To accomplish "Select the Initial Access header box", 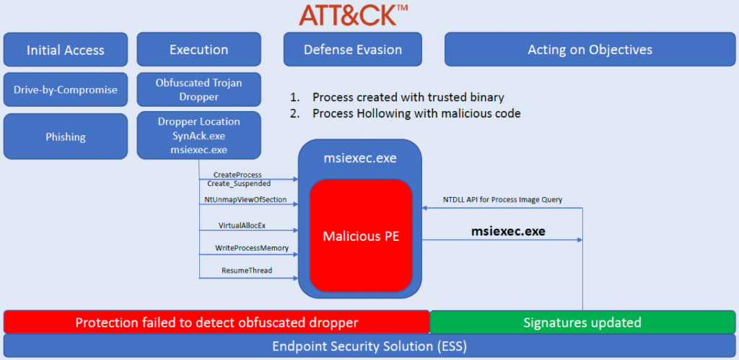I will point(66,50).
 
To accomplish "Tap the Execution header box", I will point(198,50).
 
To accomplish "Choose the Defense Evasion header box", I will point(353,50).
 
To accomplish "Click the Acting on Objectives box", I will point(590,50).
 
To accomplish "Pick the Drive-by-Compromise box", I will point(66,90).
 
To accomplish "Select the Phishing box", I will point(66,137).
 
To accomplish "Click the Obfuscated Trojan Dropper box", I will point(198,89).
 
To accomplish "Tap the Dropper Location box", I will point(198,136).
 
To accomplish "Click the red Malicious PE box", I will point(361,236).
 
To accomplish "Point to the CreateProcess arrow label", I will point(237,175).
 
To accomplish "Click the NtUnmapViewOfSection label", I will point(245,199).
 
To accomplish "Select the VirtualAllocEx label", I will point(242,225).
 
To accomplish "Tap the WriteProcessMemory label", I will point(251,248).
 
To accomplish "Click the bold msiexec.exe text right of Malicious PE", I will point(508,232).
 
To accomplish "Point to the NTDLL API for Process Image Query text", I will point(502,200).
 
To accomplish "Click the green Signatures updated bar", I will point(582,322).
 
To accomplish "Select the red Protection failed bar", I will point(217,322).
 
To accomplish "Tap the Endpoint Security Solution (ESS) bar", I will point(370,346).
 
